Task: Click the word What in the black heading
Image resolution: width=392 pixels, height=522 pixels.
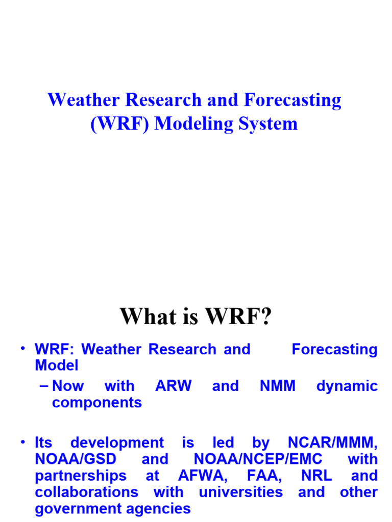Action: [x=144, y=317]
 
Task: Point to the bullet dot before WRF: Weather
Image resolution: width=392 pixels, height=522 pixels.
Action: [x=22, y=349]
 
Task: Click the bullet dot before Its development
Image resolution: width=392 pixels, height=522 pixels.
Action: [x=22, y=442]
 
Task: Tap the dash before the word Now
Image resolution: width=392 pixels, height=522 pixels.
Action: [x=44, y=386]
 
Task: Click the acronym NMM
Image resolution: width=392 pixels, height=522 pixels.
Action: [x=278, y=386]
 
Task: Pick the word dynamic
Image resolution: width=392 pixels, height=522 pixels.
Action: [x=347, y=386]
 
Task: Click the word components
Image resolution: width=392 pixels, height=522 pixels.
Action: [x=97, y=403]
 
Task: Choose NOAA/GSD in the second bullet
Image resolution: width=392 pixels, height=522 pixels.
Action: [x=76, y=459]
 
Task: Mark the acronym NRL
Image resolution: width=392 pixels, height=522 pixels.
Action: [x=316, y=476]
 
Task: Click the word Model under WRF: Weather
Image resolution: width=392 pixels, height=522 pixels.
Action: [x=57, y=366]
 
